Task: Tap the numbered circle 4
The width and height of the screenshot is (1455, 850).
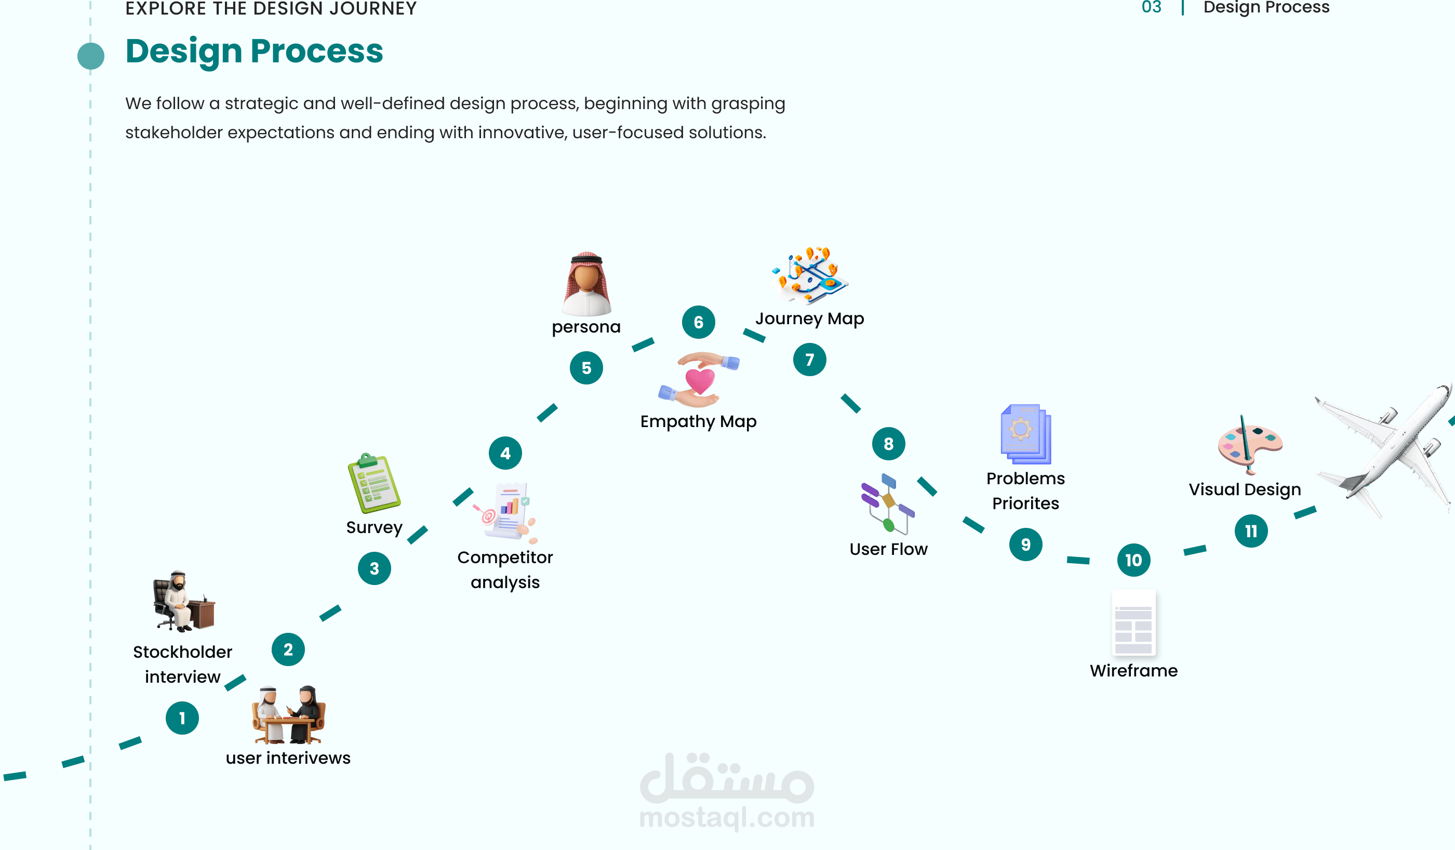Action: click(505, 453)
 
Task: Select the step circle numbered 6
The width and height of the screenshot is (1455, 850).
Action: click(698, 322)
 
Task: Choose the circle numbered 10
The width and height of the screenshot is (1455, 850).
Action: click(1133, 560)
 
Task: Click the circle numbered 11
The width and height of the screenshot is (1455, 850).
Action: click(1251, 530)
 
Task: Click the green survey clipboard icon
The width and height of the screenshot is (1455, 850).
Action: click(373, 484)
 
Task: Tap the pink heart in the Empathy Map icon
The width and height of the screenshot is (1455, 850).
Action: click(700, 381)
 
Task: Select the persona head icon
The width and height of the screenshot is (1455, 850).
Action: click(586, 284)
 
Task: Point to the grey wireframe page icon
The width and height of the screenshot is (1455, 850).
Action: click(1133, 622)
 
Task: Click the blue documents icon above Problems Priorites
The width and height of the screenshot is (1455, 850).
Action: click(1025, 434)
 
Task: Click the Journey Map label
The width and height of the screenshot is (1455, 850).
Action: click(809, 319)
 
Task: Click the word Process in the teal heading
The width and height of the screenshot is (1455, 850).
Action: click(317, 51)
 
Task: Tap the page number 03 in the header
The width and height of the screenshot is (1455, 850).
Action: click(1151, 7)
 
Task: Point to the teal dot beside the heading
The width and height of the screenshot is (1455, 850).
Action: click(91, 56)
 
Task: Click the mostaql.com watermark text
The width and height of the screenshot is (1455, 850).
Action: click(727, 817)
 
